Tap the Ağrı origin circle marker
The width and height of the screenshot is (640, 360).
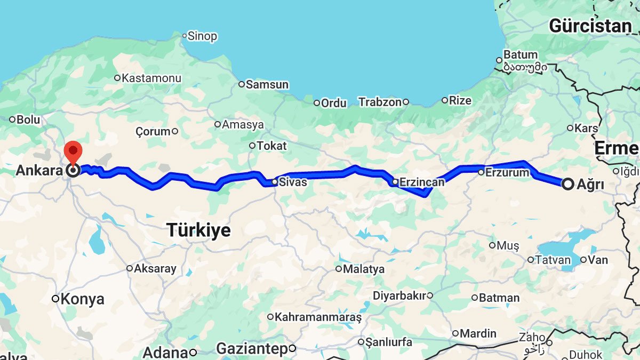coord(568,184)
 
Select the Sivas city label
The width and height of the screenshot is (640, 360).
coord(293,182)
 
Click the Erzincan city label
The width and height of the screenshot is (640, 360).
coord(422,182)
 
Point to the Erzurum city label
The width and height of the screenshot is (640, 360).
coord(507,172)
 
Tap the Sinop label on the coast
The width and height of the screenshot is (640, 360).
coord(202,36)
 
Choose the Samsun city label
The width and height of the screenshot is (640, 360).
coord(267,84)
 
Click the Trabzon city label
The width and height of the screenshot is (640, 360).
coord(379,102)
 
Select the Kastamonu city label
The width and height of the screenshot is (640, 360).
coord(151,78)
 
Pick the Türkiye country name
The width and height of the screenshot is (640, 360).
coord(199,230)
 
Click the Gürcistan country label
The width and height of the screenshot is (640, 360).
coord(590,26)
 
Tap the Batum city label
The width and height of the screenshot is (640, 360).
coord(521,54)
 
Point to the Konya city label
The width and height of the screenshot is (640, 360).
coord(82,299)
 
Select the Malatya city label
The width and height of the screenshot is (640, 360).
coord(363,269)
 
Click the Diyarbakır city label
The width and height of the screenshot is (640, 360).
coord(399,295)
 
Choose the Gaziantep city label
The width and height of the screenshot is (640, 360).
coord(252,349)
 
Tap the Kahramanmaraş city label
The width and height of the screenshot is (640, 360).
coord(318,317)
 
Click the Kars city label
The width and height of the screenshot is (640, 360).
coord(586,128)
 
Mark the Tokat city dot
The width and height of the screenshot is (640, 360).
coord(252,146)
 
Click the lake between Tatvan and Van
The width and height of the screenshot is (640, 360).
coord(560,248)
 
